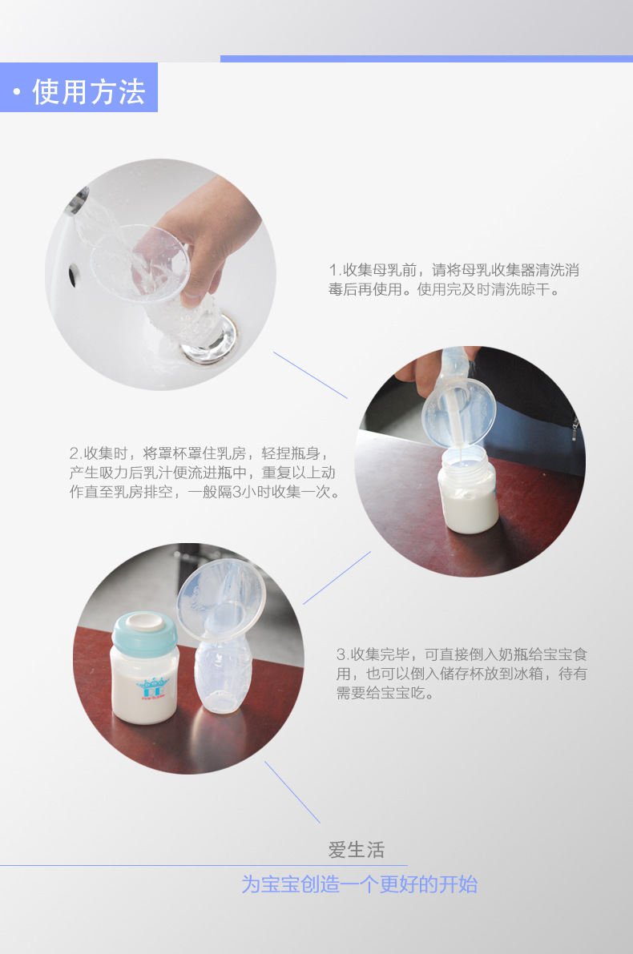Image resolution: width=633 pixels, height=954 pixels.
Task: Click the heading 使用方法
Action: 89,91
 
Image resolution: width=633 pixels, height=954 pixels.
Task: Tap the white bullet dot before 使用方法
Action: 17,92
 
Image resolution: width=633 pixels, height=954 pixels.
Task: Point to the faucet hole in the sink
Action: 72,276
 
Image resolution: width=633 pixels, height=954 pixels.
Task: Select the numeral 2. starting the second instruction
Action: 75,453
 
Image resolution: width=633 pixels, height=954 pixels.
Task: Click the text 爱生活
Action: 357,849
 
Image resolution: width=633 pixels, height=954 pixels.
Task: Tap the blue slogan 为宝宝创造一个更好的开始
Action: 360,884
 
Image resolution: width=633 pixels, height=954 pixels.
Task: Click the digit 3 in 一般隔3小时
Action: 238,492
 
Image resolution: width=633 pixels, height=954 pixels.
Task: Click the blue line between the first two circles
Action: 310,376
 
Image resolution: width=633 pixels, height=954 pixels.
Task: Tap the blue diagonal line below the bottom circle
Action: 292,792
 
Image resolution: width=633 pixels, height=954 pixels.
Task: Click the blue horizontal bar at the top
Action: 426,59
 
